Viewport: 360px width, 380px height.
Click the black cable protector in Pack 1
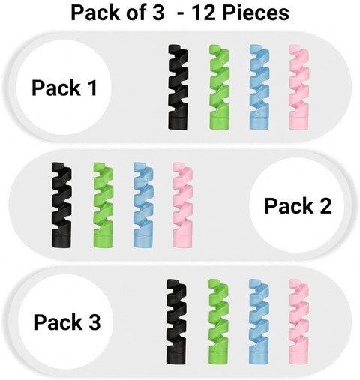click(x=178, y=87)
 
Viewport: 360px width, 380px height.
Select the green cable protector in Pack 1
click(x=219, y=87)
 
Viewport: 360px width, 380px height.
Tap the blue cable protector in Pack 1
click(x=259, y=87)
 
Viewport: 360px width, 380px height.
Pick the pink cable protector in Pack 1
click(x=298, y=87)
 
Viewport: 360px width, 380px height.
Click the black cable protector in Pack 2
click(x=61, y=205)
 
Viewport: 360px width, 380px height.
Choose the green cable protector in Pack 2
click(x=103, y=205)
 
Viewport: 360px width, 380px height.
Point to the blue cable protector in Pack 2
click(x=143, y=205)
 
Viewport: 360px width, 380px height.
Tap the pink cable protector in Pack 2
click(x=183, y=205)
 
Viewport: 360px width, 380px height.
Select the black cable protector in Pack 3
click(x=176, y=322)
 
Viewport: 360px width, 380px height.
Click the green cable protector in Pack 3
click(x=218, y=322)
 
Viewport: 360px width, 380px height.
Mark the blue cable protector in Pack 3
click(x=259, y=322)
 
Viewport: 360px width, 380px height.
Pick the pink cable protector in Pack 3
click(x=298, y=322)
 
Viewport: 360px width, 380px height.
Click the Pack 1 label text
click(x=64, y=88)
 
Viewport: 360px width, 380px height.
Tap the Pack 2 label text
click(x=298, y=205)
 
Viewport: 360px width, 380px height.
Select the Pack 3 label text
click(x=67, y=322)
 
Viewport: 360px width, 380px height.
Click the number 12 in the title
click(x=204, y=13)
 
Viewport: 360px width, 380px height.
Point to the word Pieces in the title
click(x=256, y=13)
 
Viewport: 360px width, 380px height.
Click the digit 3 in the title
click(x=158, y=13)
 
